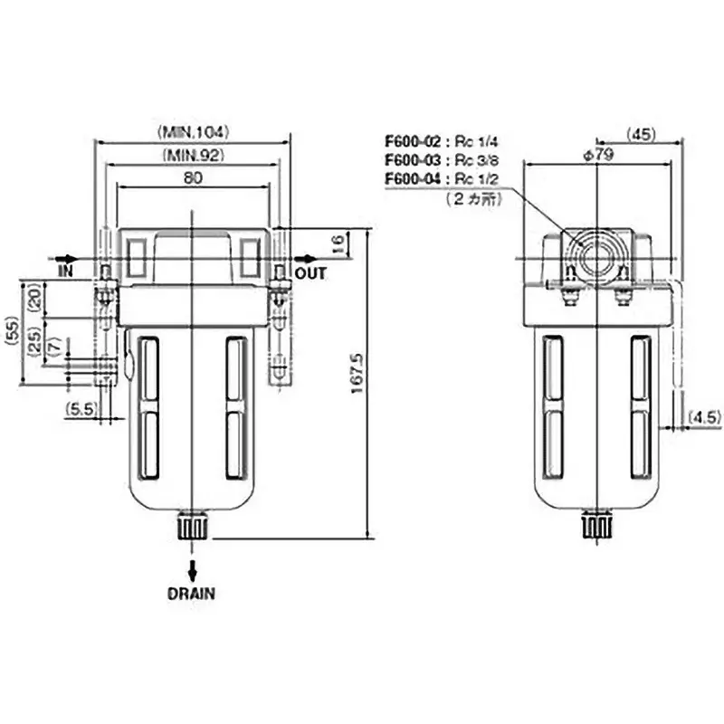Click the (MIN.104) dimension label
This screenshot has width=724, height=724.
(x=194, y=131)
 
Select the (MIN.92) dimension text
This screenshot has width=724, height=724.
(x=194, y=155)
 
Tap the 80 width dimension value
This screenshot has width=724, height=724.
(x=193, y=178)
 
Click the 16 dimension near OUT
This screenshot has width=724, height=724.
(x=337, y=243)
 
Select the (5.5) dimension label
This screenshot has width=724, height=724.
(x=81, y=410)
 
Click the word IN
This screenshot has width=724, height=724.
(x=65, y=271)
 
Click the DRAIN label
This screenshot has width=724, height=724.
(x=192, y=595)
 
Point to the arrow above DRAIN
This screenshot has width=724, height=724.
(x=192, y=569)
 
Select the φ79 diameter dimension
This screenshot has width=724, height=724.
(x=599, y=155)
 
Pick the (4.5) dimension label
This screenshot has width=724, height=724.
(x=703, y=417)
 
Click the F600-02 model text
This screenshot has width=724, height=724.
(x=412, y=142)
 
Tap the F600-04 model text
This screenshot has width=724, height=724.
(x=412, y=178)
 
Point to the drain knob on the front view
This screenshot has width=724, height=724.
(x=193, y=525)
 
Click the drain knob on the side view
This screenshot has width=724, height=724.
(x=596, y=525)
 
